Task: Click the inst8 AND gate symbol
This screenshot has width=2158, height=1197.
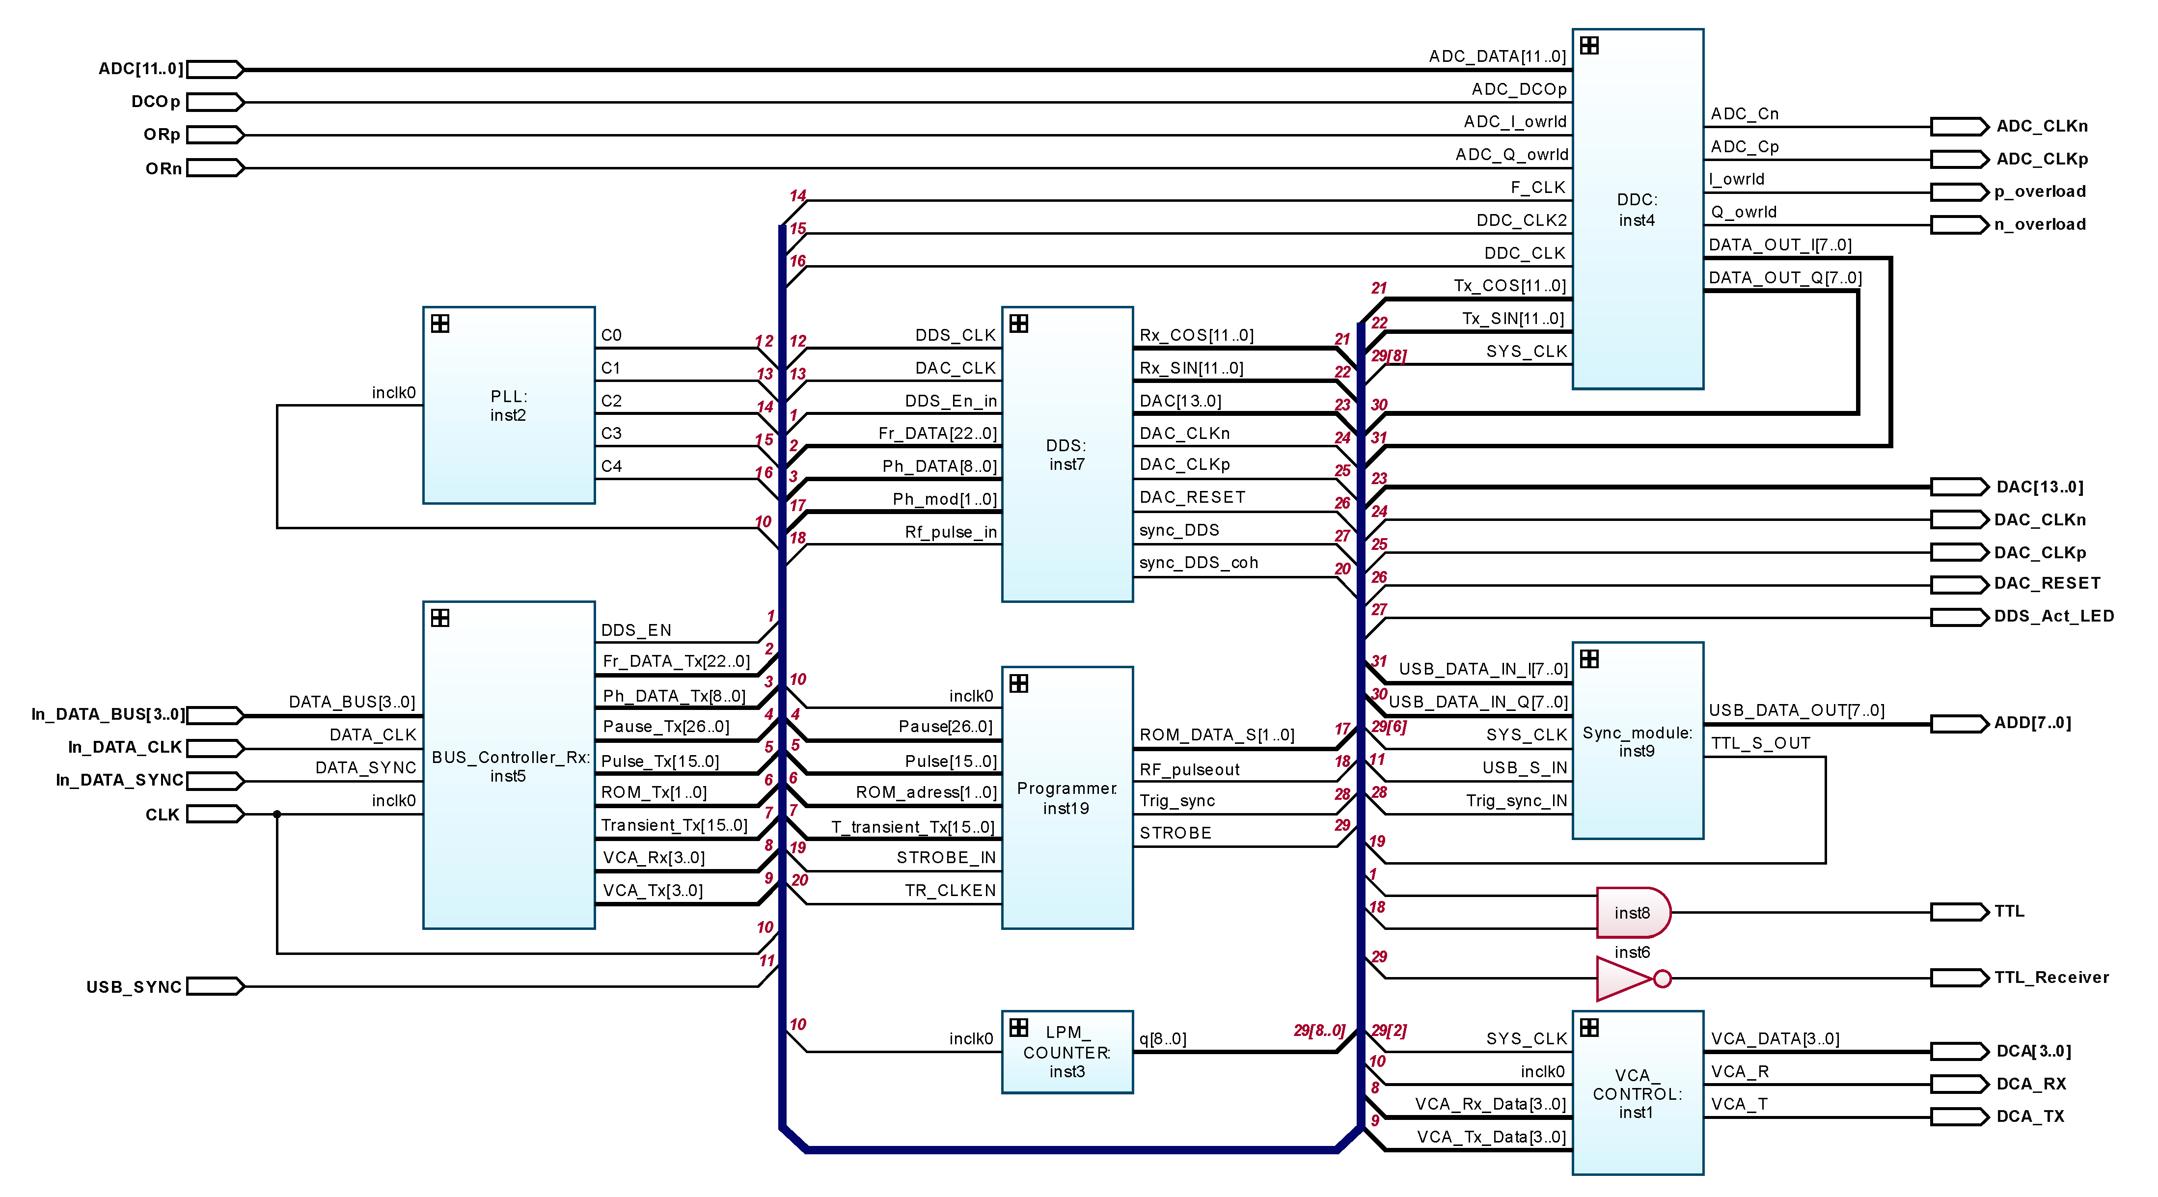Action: click(1632, 912)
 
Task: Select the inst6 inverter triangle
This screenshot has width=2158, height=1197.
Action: click(1623, 979)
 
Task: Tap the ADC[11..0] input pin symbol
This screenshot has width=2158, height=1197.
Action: click(215, 69)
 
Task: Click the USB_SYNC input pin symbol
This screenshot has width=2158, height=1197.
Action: click(215, 987)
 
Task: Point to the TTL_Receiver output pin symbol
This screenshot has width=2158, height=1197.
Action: click(1959, 978)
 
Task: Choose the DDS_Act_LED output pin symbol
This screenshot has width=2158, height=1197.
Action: click(1959, 617)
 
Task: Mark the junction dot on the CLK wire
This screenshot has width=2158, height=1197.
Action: click(277, 814)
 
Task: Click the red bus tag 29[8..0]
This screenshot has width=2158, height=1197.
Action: click(1318, 1030)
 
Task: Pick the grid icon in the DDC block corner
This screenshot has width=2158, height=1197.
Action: click(1589, 46)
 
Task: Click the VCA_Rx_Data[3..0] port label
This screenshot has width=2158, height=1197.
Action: click(1490, 1104)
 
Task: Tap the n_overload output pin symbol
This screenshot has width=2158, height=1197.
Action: click(1959, 224)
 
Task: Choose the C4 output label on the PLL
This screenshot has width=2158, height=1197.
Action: click(611, 466)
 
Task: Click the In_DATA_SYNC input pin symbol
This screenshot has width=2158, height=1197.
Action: click(215, 781)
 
